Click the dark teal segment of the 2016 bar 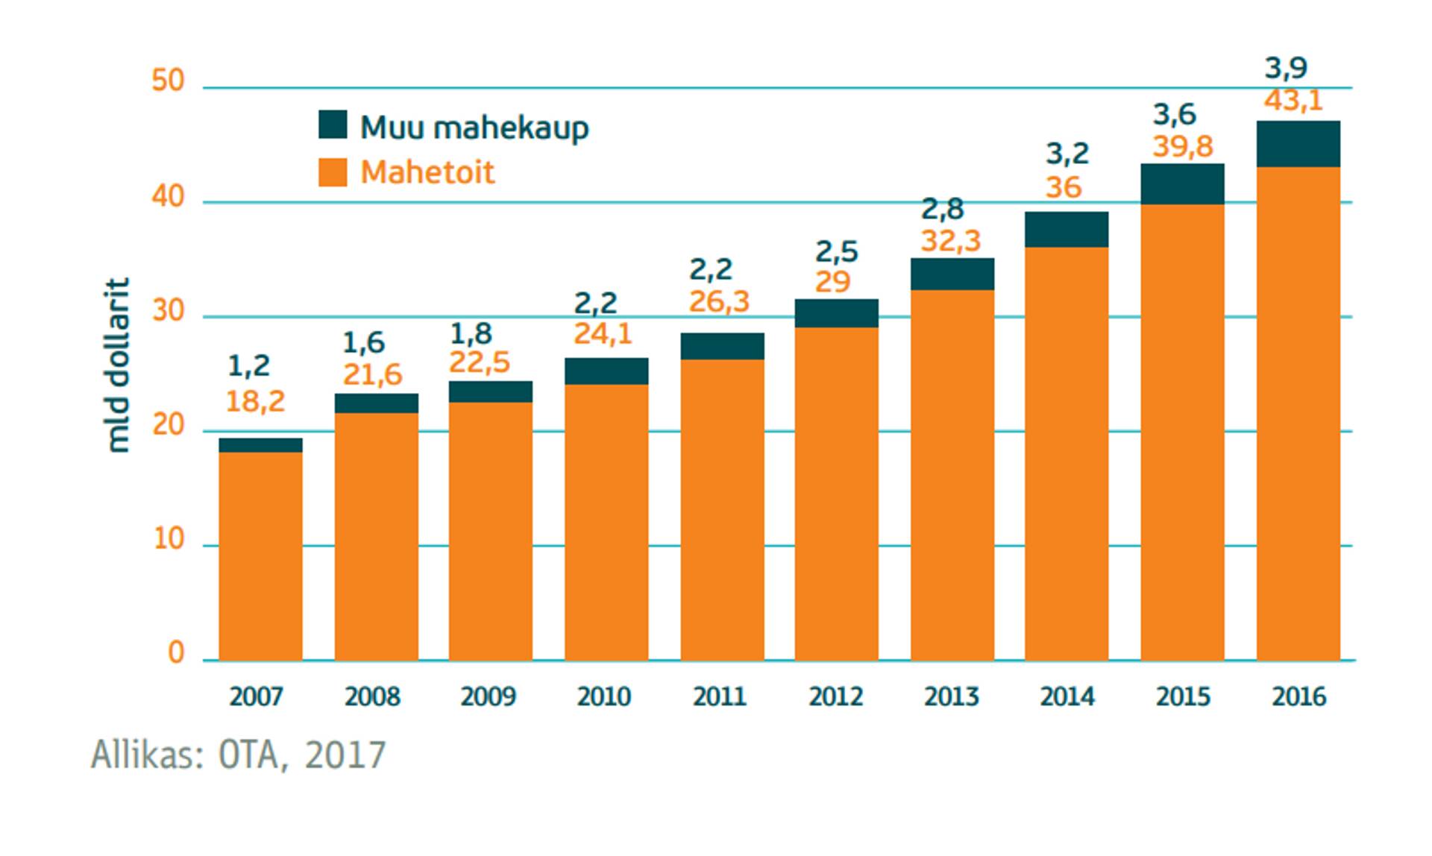click(1298, 144)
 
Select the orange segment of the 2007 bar click(260, 556)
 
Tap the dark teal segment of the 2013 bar click(952, 274)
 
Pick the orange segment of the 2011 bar click(722, 509)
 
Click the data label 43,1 click(1293, 100)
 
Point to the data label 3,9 click(1286, 69)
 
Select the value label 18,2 click(255, 402)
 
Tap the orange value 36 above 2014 click(1063, 187)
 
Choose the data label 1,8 click(471, 333)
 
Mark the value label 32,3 click(950, 241)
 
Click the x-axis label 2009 click(488, 696)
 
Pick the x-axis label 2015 click(1183, 696)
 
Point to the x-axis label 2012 click(835, 696)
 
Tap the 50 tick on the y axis click(168, 81)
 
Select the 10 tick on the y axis click(169, 538)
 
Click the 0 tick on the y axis click(176, 653)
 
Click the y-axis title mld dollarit click(118, 365)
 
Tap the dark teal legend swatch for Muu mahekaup click(333, 125)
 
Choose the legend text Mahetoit click(427, 173)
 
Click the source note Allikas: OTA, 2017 click(239, 755)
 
